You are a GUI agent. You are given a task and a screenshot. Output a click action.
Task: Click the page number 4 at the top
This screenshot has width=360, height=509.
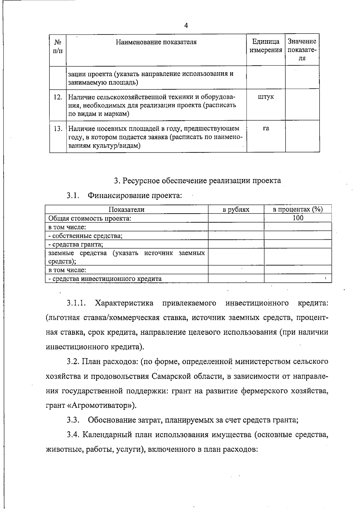click(x=186, y=25)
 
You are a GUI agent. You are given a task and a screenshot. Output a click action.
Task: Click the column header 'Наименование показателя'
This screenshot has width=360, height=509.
click(x=156, y=42)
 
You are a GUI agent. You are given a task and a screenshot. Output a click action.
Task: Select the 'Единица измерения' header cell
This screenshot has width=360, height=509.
click(x=266, y=46)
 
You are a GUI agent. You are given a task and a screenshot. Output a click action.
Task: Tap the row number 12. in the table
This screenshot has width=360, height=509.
click(x=58, y=97)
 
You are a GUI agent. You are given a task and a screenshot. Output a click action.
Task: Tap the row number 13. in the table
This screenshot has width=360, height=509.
click(x=58, y=129)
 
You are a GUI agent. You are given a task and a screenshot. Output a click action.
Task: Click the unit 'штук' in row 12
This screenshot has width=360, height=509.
click(x=266, y=97)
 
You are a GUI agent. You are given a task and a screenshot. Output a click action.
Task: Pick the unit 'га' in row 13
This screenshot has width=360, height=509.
click(x=266, y=128)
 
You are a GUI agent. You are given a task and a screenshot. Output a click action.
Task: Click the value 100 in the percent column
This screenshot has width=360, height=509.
click(x=298, y=218)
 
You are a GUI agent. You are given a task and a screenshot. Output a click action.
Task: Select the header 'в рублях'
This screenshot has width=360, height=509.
click(x=236, y=209)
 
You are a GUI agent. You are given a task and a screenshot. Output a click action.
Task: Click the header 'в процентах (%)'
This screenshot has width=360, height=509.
click(x=298, y=209)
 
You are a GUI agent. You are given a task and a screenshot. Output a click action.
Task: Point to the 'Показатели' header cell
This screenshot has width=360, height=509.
click(x=126, y=209)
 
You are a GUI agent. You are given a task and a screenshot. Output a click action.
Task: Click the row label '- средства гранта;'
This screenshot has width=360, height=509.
click(x=76, y=244)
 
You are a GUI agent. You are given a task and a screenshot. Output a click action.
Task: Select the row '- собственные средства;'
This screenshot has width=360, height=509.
click(x=85, y=235)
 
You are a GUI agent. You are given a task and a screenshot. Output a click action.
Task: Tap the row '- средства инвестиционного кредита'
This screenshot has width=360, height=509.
click(x=105, y=279)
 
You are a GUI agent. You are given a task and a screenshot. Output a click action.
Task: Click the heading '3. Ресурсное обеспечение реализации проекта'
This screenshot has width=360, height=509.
click(x=197, y=181)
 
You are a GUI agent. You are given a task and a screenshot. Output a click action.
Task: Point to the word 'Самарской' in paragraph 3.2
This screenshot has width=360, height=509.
click(x=175, y=376)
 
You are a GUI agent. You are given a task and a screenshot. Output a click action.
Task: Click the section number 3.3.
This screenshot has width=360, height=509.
click(x=73, y=420)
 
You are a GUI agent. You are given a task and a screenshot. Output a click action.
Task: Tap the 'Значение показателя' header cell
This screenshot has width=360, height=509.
click(x=302, y=49)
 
